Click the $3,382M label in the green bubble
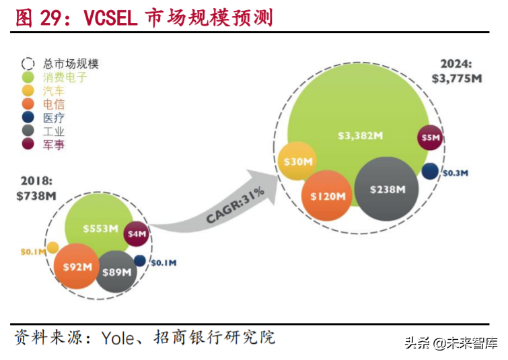(360, 135)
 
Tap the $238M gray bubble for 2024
(387, 190)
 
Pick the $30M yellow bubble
(298, 161)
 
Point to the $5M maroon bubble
(430, 138)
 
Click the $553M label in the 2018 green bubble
(101, 228)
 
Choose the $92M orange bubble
(77, 266)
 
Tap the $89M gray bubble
(116, 271)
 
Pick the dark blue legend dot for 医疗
(28, 118)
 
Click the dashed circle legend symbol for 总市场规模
(28, 64)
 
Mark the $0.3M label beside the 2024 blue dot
(455, 173)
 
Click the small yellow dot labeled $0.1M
(52, 248)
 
